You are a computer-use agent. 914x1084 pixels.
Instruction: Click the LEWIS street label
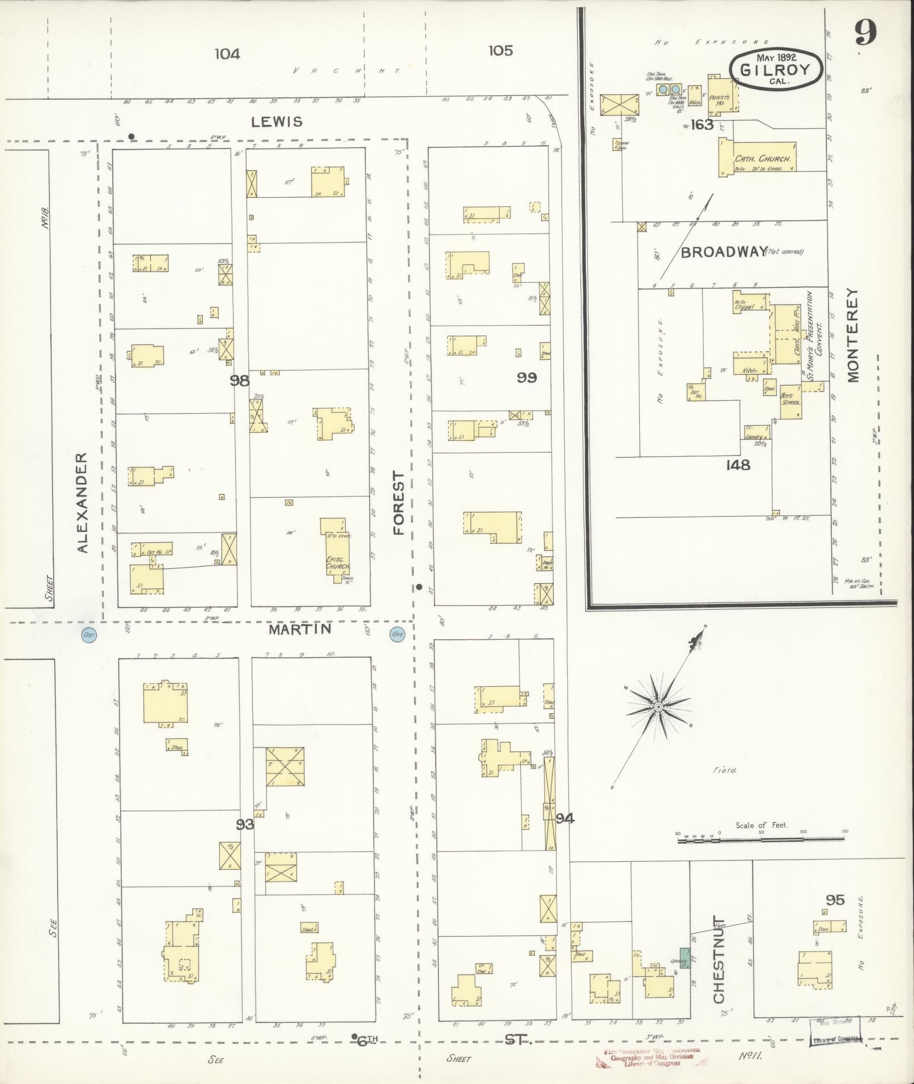click(282, 121)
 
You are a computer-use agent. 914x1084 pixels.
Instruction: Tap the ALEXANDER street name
click(83, 502)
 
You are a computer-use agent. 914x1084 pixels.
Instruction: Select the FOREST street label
click(399, 503)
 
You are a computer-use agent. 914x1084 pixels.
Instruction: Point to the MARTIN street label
click(300, 629)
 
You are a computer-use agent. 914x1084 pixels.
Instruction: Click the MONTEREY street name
click(853, 335)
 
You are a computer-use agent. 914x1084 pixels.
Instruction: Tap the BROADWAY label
click(724, 252)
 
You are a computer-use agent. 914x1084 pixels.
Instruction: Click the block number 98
click(240, 381)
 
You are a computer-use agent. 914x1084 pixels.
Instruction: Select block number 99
click(526, 377)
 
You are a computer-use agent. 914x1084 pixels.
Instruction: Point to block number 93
click(244, 824)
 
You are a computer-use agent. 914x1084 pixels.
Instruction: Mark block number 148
click(738, 465)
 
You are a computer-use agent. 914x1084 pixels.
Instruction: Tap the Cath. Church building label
click(762, 159)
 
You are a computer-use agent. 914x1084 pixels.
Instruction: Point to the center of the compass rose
click(658, 707)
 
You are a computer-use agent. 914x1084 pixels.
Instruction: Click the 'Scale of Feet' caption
click(761, 825)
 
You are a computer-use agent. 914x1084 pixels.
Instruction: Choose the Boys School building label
click(790, 399)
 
